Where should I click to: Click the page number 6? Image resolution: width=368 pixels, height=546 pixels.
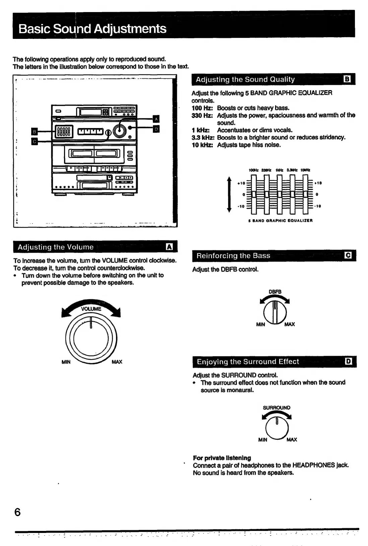(x=17, y=512)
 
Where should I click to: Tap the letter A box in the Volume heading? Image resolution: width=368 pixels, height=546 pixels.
(x=170, y=247)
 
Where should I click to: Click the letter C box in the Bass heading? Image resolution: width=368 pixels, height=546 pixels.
(x=348, y=255)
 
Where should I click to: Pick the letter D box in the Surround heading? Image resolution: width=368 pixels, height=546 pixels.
(x=349, y=361)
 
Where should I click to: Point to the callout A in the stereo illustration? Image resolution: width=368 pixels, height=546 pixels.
(x=156, y=119)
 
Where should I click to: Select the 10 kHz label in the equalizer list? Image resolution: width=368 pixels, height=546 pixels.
(x=202, y=145)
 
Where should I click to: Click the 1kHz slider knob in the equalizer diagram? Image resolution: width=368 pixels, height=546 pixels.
(x=280, y=194)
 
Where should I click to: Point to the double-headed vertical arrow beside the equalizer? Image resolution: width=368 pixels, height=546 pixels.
(x=229, y=194)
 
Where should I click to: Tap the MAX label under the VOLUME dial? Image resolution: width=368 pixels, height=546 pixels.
(x=117, y=362)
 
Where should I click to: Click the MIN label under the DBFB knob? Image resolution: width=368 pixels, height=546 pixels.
(x=260, y=324)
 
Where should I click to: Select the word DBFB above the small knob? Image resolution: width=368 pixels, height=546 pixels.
(x=275, y=292)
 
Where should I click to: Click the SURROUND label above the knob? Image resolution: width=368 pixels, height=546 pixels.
(x=277, y=408)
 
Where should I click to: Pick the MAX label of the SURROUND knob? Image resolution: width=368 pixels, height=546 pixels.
(x=292, y=440)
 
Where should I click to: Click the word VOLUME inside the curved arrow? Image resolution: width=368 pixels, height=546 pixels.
(x=91, y=309)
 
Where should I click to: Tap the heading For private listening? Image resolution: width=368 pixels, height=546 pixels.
(x=222, y=458)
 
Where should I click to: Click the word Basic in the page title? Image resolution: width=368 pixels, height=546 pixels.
(x=35, y=29)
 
